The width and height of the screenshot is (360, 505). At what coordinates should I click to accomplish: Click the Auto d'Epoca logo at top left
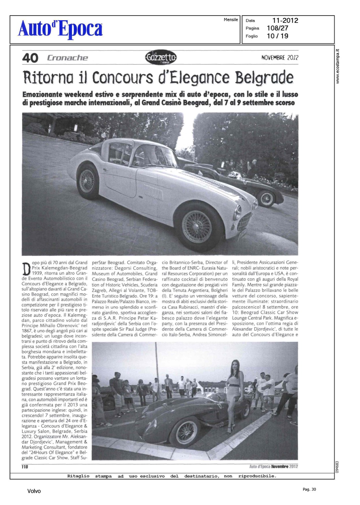point(60,29)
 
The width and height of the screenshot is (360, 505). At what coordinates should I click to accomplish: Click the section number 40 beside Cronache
point(30,58)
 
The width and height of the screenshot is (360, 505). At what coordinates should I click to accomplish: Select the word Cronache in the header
point(67,58)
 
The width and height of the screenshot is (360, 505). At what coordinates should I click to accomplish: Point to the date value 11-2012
point(285,21)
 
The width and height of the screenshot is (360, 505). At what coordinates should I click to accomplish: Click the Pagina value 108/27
point(277,28)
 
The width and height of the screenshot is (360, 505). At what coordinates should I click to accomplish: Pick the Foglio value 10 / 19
point(277,36)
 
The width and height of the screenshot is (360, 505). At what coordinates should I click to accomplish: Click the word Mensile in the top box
point(231,20)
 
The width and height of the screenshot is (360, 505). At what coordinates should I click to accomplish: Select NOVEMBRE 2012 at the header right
point(280,58)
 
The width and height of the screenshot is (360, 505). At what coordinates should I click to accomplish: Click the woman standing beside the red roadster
point(234,394)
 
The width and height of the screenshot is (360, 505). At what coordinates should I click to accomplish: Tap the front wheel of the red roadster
point(186,432)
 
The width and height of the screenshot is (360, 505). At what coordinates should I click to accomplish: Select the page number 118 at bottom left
point(25,467)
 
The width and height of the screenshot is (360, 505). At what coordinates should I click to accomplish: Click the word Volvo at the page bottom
point(34,491)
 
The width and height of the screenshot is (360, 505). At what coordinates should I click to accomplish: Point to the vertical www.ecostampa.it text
point(338,66)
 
